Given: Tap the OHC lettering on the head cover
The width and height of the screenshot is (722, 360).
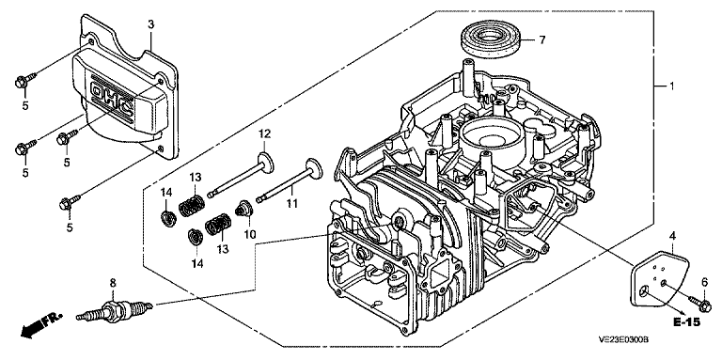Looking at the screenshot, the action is [x=113, y=102].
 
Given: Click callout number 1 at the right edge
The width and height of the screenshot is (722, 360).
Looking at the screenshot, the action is [x=671, y=86].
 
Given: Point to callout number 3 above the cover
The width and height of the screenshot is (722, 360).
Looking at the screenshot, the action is [x=150, y=24].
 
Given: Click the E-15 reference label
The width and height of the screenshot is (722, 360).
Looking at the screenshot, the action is [x=686, y=322].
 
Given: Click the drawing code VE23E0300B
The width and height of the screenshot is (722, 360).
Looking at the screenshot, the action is [x=623, y=339].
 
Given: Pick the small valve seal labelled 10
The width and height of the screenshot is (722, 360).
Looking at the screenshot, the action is [x=243, y=209].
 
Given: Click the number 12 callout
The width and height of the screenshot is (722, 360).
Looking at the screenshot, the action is [x=264, y=134].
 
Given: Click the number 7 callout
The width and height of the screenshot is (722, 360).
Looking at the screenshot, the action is [x=542, y=40].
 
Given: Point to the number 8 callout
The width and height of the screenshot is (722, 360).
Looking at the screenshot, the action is [x=111, y=282].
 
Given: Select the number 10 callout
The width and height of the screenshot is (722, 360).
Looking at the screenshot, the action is [x=249, y=234].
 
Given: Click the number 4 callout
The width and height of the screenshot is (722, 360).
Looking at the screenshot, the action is [x=673, y=237].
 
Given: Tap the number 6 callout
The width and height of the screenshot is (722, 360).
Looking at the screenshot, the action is [x=704, y=282].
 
